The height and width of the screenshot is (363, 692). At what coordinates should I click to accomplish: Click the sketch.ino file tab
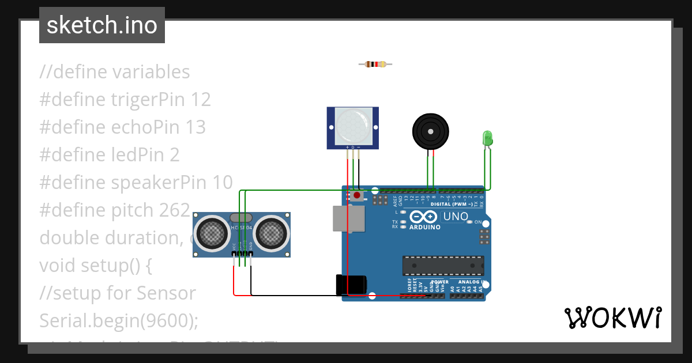(102, 25)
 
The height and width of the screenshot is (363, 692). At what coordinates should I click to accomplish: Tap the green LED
(487, 138)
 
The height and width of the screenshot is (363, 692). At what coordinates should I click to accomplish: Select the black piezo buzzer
(430, 131)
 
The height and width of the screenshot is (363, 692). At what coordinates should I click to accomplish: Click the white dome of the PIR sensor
(352, 126)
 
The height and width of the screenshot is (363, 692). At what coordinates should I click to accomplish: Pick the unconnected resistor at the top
(375, 64)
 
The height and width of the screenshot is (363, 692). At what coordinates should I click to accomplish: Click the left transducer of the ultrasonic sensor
(212, 233)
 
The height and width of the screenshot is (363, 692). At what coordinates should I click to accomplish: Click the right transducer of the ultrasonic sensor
(270, 233)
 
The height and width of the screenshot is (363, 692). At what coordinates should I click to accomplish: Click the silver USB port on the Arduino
(349, 218)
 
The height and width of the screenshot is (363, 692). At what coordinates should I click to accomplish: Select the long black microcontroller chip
(443, 266)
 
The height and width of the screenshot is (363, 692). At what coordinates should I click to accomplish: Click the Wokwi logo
(612, 317)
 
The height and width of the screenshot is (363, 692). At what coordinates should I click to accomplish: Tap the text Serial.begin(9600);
(119, 320)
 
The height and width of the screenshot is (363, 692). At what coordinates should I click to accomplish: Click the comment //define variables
(115, 72)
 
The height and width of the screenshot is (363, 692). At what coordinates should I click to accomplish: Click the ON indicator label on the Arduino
(478, 222)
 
